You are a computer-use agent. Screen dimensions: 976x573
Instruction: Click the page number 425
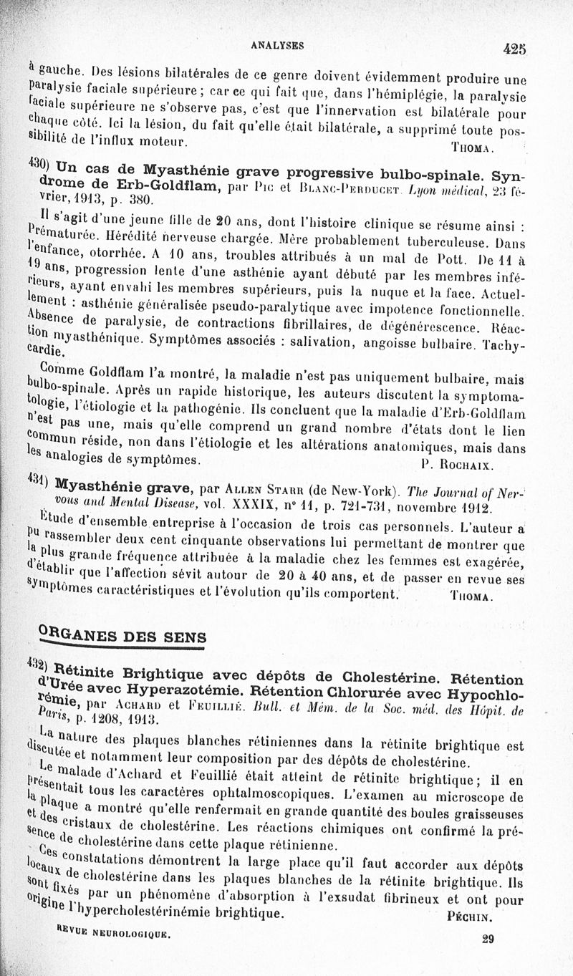click(514, 49)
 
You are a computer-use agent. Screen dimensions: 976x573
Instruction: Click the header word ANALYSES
click(277, 45)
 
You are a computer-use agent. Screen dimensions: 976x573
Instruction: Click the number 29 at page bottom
click(488, 939)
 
